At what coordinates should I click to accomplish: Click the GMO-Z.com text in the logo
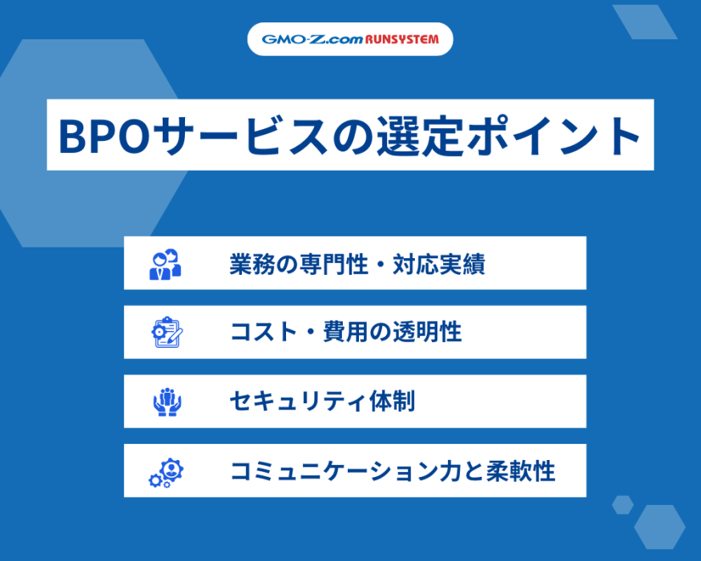pyautogui.click(x=312, y=39)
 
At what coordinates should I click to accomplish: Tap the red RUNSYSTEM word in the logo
pyautogui.click(x=402, y=39)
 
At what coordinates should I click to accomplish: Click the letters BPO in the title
pyautogui.click(x=104, y=136)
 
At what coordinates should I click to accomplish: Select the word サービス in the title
pyautogui.click(x=243, y=135)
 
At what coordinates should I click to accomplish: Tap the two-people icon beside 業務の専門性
pyautogui.click(x=165, y=264)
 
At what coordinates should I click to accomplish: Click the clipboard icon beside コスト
pyautogui.click(x=167, y=333)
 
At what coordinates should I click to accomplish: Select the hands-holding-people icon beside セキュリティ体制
pyautogui.click(x=167, y=402)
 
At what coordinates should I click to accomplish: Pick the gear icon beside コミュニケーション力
pyautogui.click(x=167, y=472)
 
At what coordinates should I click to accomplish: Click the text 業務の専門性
pyautogui.click(x=299, y=264)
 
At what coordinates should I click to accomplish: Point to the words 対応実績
pyautogui.click(x=439, y=264)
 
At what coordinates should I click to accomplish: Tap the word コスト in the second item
pyautogui.click(x=264, y=333)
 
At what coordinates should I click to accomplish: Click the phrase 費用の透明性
pyautogui.click(x=393, y=332)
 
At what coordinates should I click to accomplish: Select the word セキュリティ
pyautogui.click(x=298, y=402)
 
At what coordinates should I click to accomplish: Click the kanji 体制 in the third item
pyautogui.click(x=392, y=401)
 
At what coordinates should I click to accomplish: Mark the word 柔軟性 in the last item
pyautogui.click(x=521, y=471)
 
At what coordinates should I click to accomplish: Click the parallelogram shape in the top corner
pyautogui.click(x=645, y=22)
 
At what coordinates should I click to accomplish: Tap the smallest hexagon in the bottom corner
pyautogui.click(x=622, y=505)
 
